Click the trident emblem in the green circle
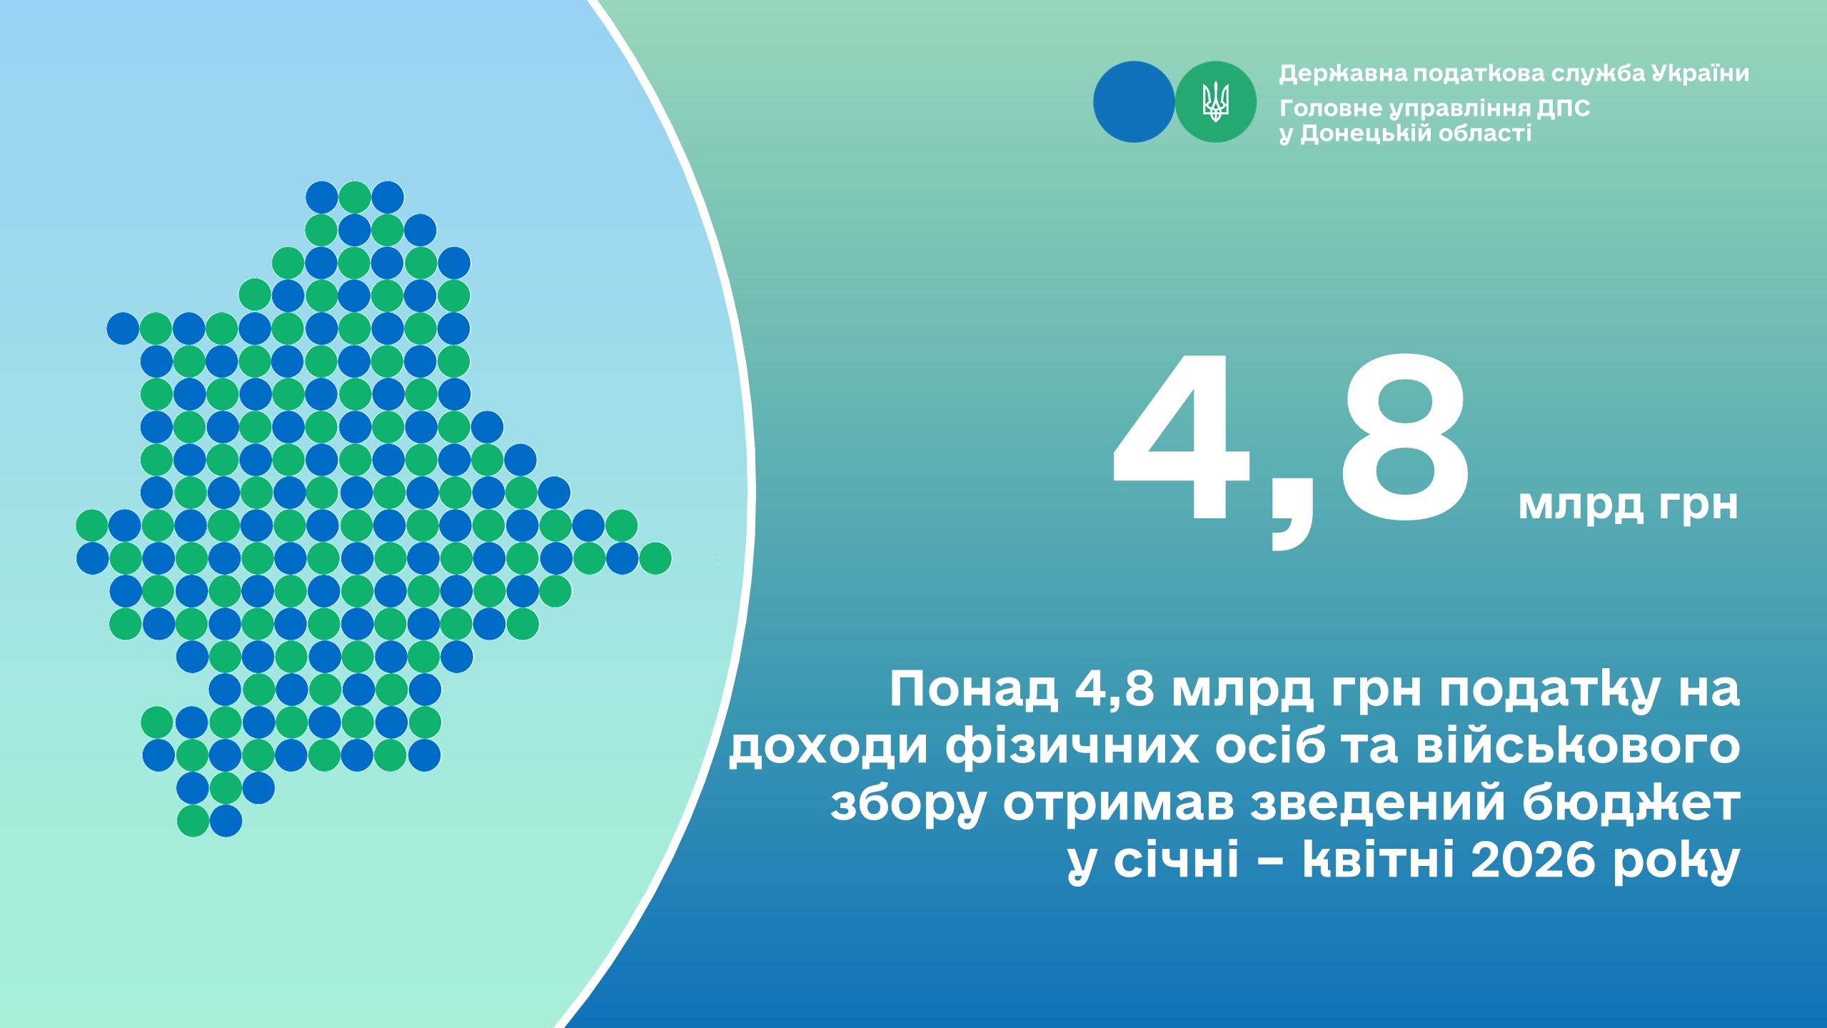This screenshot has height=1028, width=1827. tap(1215, 101)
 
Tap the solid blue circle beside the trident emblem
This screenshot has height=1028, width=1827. tap(1134, 101)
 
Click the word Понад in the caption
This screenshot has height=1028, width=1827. tap(973, 690)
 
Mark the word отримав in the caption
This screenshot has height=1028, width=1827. tap(1119, 805)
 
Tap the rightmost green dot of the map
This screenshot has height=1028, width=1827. tap(655, 558)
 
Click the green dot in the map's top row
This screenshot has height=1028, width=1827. tap(355, 197)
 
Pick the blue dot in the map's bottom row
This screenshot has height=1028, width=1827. tap(226, 821)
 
